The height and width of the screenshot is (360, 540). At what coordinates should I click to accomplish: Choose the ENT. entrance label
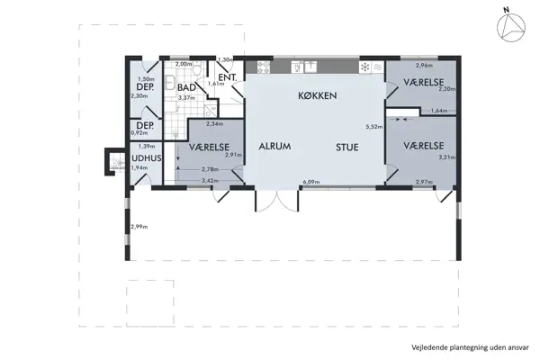click(x=227, y=77)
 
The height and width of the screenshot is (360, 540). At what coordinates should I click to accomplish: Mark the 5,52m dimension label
click(x=374, y=126)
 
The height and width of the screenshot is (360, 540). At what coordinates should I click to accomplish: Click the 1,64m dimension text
click(x=440, y=111)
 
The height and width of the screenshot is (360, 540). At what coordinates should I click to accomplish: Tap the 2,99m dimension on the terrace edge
click(x=139, y=226)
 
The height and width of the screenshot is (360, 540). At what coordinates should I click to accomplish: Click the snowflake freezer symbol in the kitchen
click(x=364, y=67)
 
